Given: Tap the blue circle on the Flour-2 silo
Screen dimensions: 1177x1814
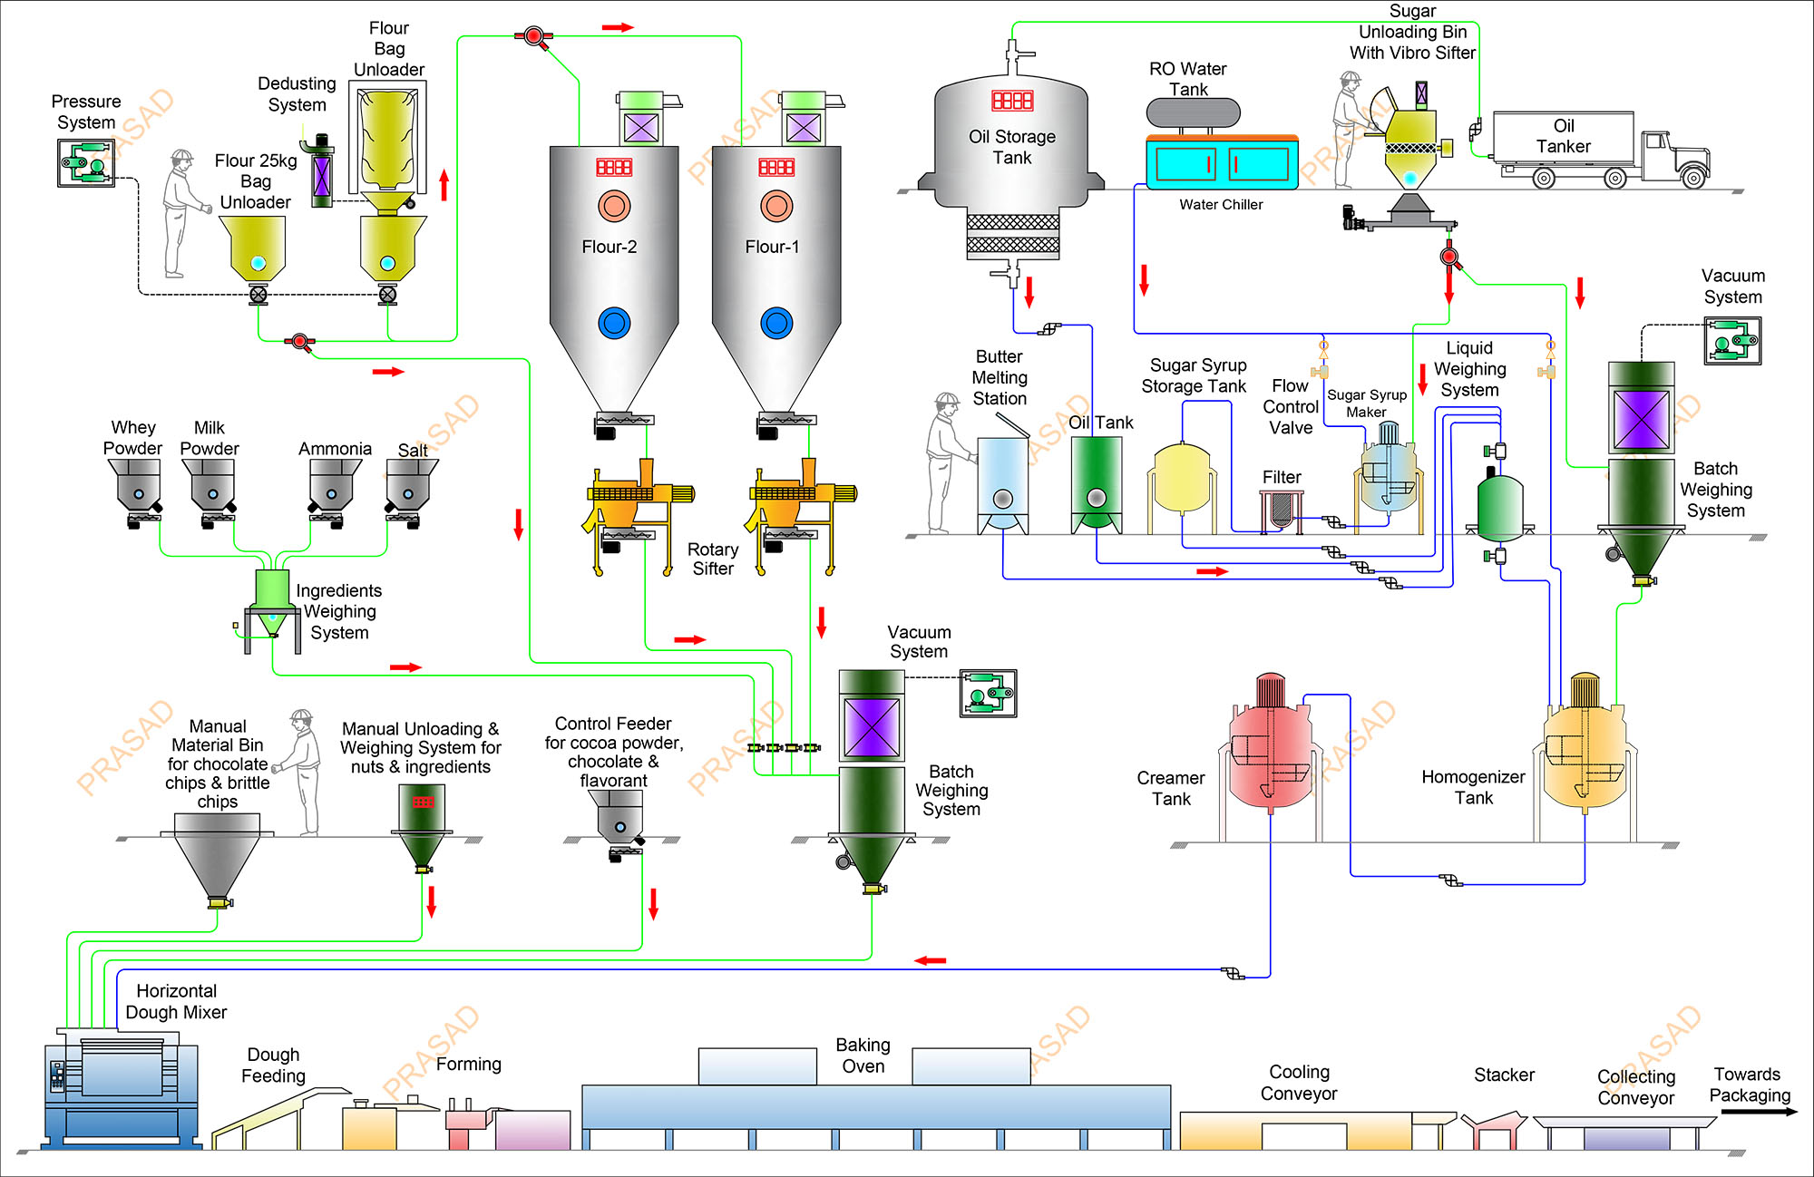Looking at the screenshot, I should coord(614,323).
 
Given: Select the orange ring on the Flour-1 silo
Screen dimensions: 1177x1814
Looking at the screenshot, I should coord(776,206).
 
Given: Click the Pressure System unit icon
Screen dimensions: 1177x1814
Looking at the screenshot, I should coord(86,164).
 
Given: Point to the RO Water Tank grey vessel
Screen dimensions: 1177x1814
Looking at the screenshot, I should coord(1193,113).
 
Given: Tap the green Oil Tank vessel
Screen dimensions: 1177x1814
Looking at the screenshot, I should coord(1097,481).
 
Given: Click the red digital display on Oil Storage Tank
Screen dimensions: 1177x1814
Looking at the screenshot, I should coord(1012,101).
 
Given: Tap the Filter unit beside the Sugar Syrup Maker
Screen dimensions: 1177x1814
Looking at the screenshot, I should coord(1281,510).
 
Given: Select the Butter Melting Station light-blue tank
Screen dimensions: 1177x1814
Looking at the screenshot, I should coord(1002,481).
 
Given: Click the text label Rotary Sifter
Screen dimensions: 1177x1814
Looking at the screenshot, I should coord(713,559).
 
